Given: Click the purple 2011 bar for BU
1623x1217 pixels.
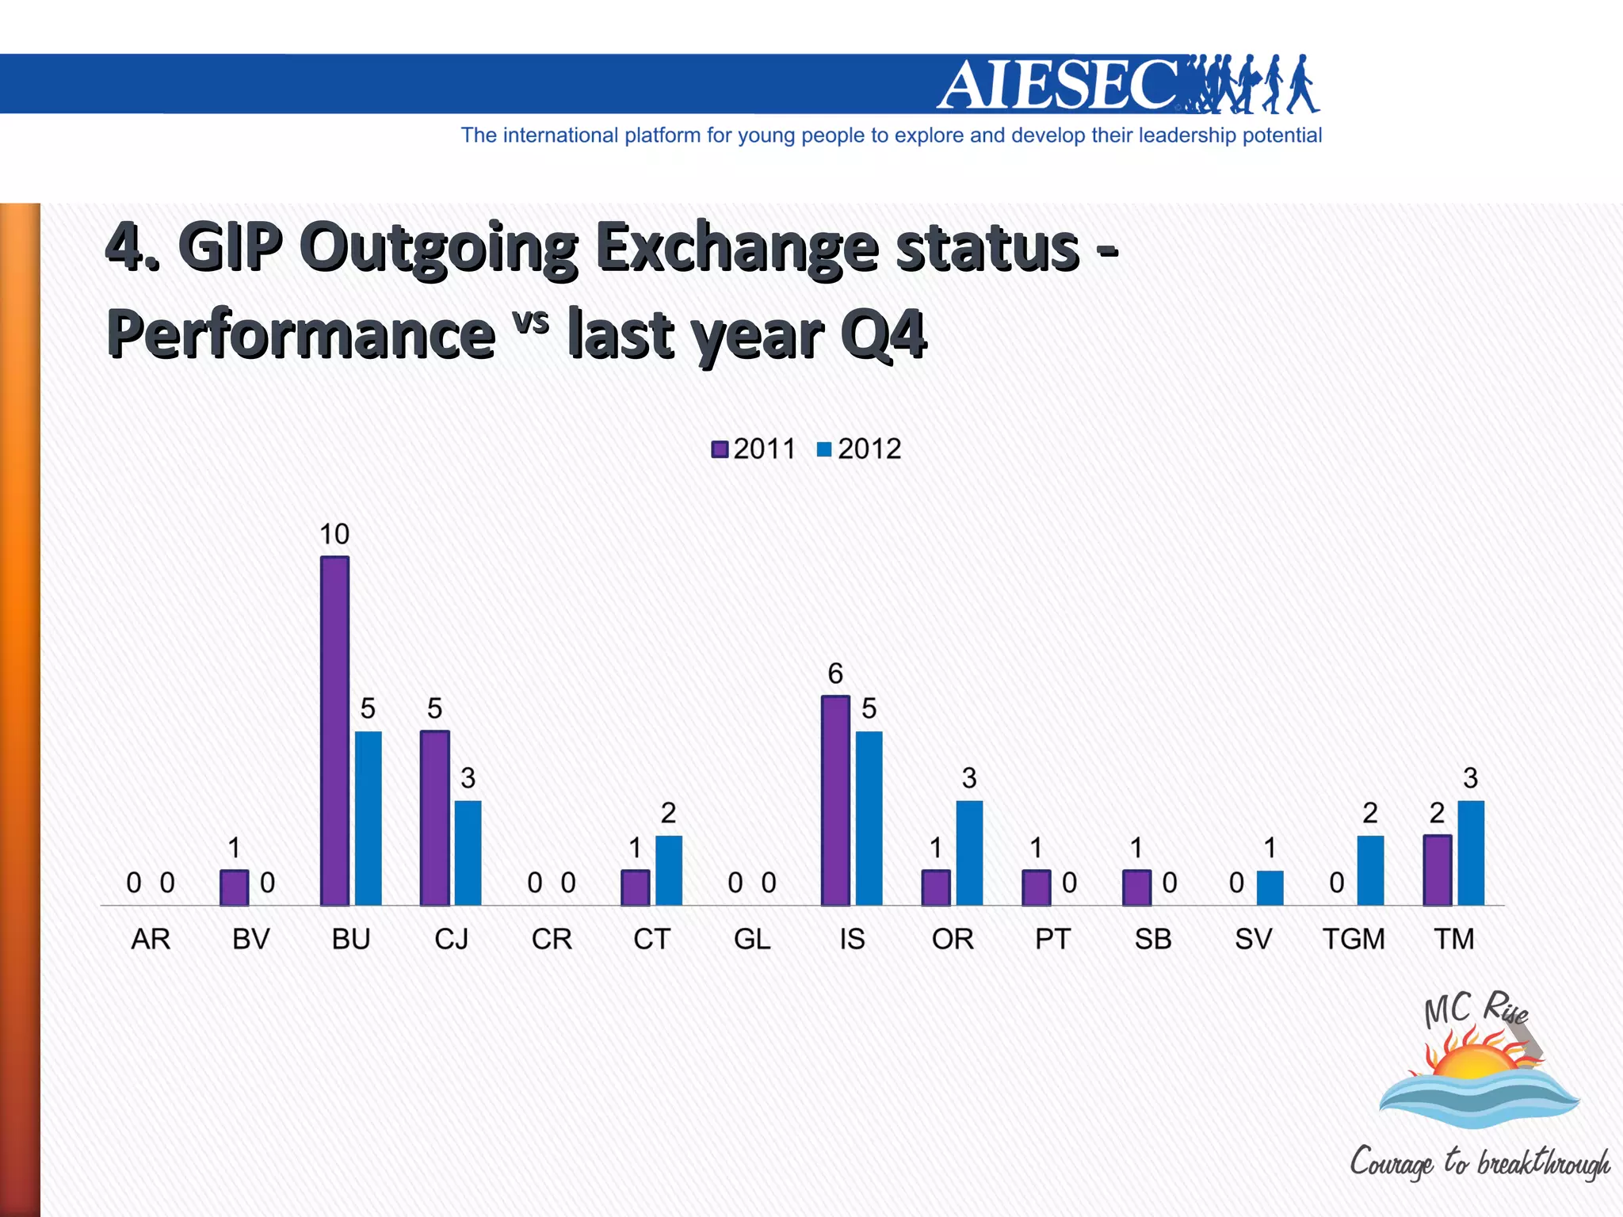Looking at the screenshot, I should [334, 731].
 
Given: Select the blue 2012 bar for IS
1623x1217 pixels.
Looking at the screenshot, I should [869, 818].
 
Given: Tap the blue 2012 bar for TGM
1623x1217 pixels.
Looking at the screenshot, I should [1370, 870].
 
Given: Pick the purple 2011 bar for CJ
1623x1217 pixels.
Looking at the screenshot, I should [434, 818].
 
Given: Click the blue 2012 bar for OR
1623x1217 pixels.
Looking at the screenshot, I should [969, 853].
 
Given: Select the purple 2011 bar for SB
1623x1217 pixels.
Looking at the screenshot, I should [1136, 887].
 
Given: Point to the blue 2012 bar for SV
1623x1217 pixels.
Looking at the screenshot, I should [1270, 887].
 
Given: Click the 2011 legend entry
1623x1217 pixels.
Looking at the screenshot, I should [754, 449].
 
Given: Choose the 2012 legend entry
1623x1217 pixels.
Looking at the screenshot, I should [859, 449].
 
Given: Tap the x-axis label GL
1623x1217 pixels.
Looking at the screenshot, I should [751, 939].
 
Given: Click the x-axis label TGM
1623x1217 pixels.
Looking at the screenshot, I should [1354, 939].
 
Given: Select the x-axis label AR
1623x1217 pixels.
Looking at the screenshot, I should [151, 939].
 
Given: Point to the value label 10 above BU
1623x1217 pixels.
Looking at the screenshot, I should [334, 534].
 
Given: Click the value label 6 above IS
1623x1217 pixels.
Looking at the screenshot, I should [835, 673].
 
